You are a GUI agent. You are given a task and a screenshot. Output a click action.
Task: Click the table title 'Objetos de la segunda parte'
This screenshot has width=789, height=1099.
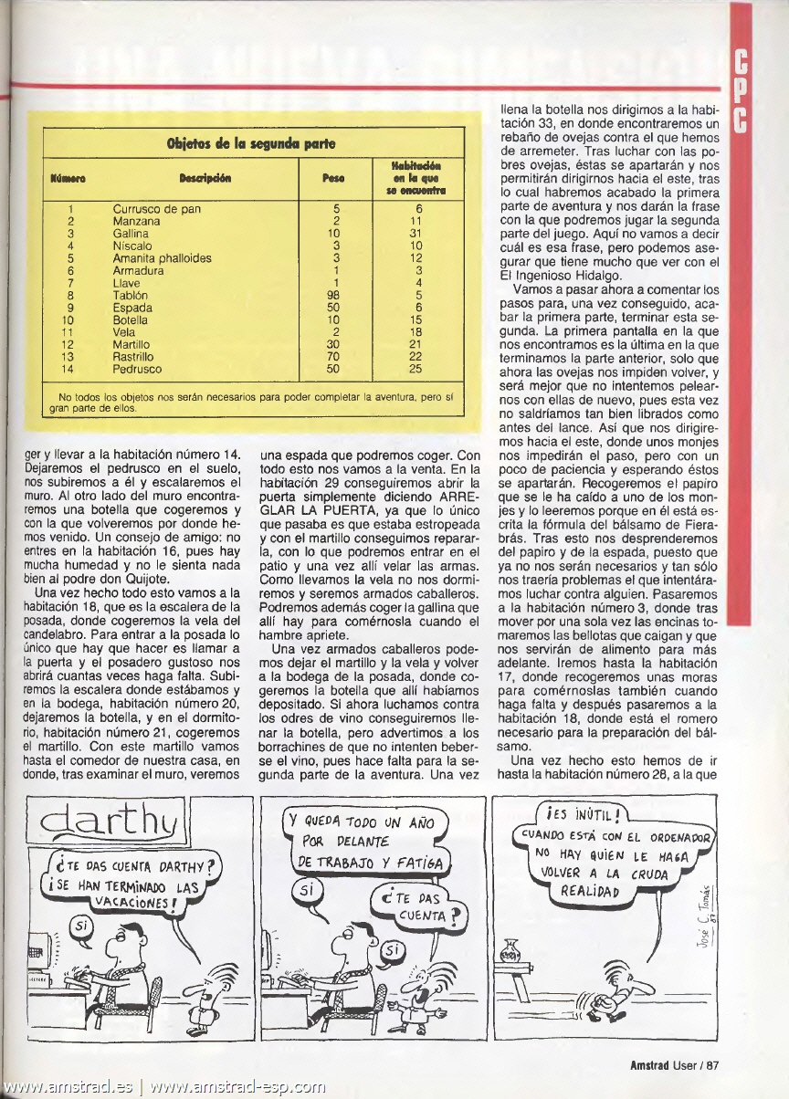click(250, 143)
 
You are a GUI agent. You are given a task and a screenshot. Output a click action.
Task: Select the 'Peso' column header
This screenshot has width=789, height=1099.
click(333, 178)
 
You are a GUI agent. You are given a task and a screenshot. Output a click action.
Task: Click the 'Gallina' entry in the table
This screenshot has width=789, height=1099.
click(131, 234)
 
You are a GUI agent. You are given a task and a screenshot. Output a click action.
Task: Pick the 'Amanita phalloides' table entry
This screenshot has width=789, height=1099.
click(162, 258)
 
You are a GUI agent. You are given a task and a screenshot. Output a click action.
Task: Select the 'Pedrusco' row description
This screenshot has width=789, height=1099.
click(137, 370)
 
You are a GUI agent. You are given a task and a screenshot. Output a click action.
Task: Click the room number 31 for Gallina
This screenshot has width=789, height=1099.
click(416, 234)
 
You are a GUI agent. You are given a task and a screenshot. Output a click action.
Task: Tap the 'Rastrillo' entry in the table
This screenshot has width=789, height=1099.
click(133, 357)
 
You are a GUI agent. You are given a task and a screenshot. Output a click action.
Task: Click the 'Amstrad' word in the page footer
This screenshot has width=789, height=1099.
click(652, 1064)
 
